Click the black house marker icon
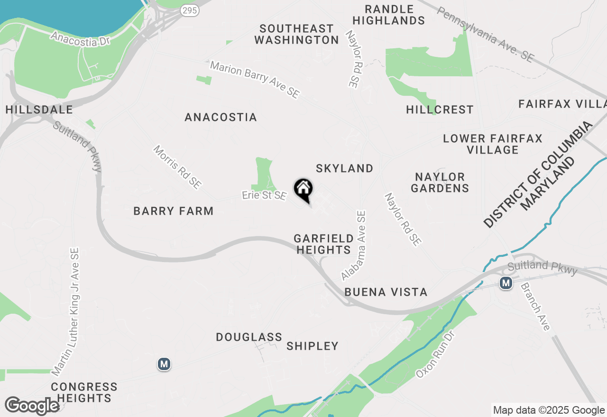[x=303, y=190]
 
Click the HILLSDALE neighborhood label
[x=39, y=110]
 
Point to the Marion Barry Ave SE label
[x=255, y=80]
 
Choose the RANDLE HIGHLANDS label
[x=389, y=15]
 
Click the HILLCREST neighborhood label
[x=440, y=109]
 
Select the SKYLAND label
[x=345, y=168]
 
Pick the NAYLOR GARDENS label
[x=440, y=182]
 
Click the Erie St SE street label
[x=264, y=195]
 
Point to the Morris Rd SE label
[x=177, y=167]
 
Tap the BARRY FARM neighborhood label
[x=174, y=211]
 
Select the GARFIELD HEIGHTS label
[x=323, y=244]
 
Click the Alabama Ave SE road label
[x=354, y=246]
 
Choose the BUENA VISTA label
[x=386, y=292]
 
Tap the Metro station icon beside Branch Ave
[x=506, y=283]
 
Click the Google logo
[x=32, y=406]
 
